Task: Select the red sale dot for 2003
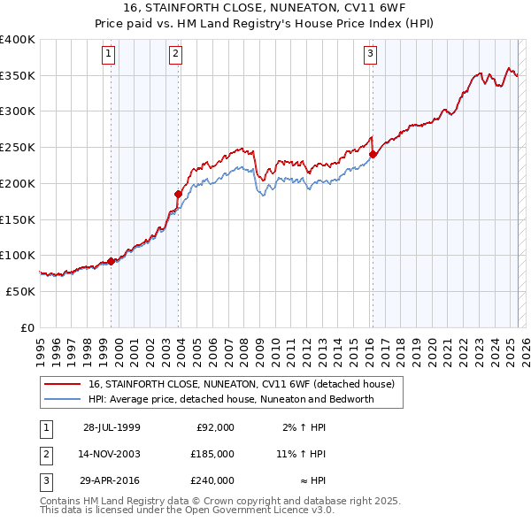point(178,194)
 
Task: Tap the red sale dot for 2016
point(373,154)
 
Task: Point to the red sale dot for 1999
point(111,261)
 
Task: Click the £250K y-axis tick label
point(17,148)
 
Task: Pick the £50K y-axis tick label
point(20,291)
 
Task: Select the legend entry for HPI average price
point(231,399)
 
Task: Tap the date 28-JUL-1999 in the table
point(112,427)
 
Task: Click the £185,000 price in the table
point(212,454)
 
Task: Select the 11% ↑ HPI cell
point(301,454)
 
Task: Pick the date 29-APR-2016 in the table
point(112,480)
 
